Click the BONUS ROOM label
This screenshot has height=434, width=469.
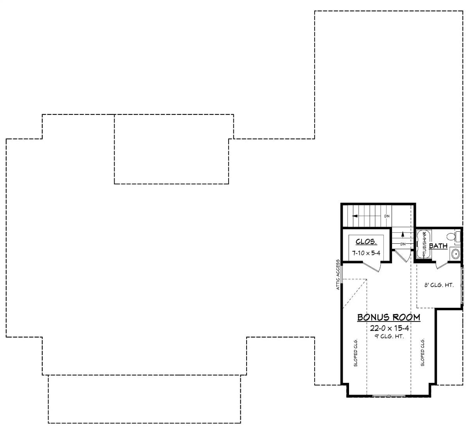pos(388,317)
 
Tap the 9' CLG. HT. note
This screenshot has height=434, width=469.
pos(389,336)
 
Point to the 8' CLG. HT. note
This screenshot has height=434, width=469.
pos(439,285)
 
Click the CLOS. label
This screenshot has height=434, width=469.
pos(366,242)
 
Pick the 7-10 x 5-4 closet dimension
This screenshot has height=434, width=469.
pos(366,253)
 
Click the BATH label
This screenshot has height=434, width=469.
pos(438,246)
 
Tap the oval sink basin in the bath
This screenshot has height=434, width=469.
pos(455,254)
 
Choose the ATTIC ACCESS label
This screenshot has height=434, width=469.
pos(338,275)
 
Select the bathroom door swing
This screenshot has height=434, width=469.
pos(441,265)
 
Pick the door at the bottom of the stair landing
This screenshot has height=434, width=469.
pos(402,256)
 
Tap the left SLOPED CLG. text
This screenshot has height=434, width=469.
pos(356,352)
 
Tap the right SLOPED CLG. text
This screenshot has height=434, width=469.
pos(422,352)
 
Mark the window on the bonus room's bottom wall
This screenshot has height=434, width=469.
pos(388,396)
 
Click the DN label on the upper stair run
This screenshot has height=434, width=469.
pos(387,216)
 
